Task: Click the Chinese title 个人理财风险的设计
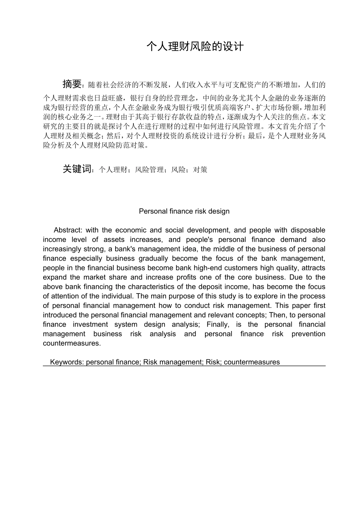195,47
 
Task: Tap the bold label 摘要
72,84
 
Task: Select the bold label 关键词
77,169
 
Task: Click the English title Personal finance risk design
184,211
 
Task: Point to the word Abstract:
68,230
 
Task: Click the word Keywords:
67,362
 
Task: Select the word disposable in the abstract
308,230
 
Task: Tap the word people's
199,239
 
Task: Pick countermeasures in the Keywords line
252,362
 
